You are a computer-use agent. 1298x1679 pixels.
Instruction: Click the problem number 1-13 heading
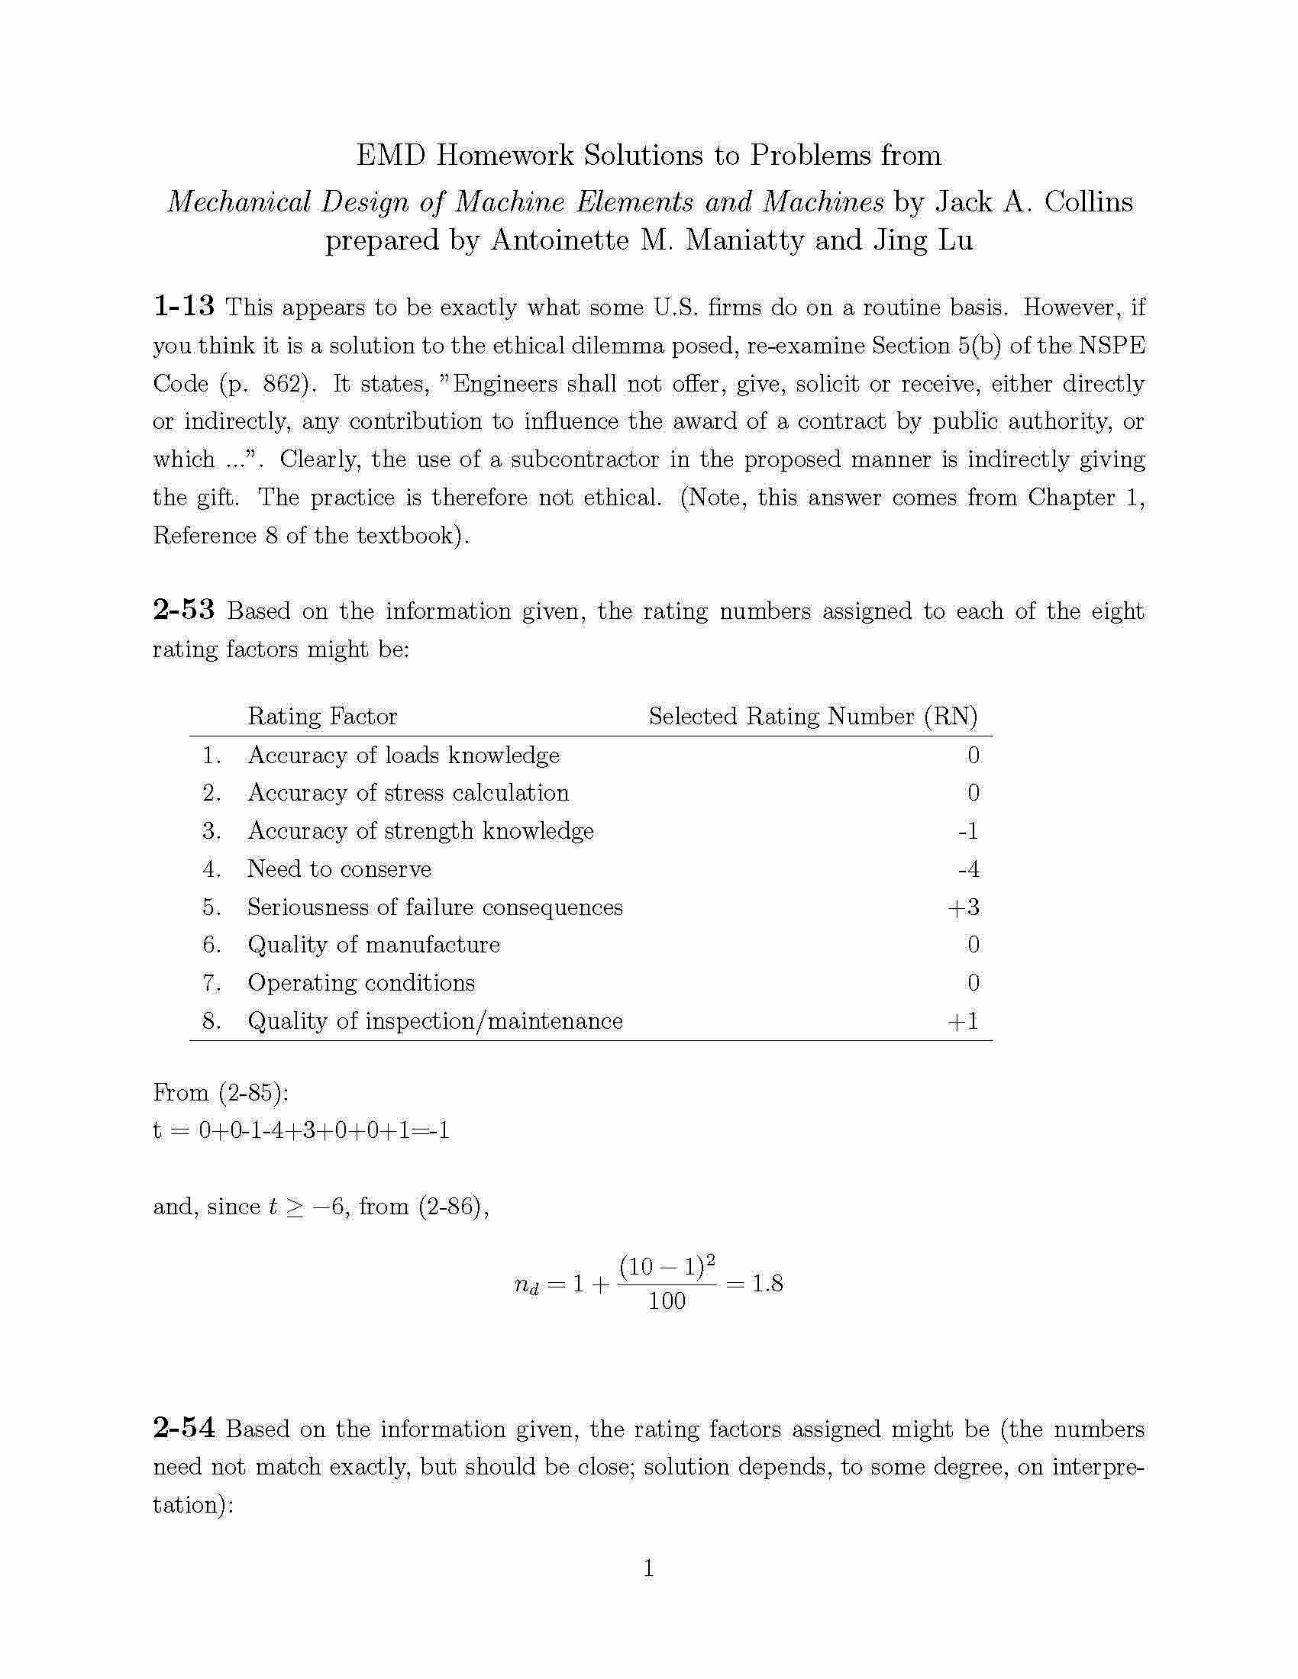pos(184,307)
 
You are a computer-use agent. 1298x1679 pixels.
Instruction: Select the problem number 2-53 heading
pos(184,611)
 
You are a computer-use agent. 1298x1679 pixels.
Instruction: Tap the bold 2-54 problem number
pos(184,1429)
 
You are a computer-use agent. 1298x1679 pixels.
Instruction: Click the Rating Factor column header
pos(322,717)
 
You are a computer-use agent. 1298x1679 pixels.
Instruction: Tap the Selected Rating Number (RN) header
pos(813,717)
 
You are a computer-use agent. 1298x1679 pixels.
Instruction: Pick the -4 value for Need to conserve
pos(968,869)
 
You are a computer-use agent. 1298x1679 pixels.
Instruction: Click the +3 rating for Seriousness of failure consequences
pos(964,907)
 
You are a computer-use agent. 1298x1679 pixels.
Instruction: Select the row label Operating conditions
pos(361,983)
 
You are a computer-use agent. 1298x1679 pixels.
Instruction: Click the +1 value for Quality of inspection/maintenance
pos(964,1021)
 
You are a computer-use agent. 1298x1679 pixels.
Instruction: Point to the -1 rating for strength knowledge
pos(968,831)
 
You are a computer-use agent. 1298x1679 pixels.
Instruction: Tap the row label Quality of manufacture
pos(373,945)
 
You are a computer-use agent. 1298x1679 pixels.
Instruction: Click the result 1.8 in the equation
pos(767,1284)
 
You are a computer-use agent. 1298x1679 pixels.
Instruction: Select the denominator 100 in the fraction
pos(667,1301)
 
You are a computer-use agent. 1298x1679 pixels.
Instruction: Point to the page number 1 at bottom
pos(648,1568)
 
